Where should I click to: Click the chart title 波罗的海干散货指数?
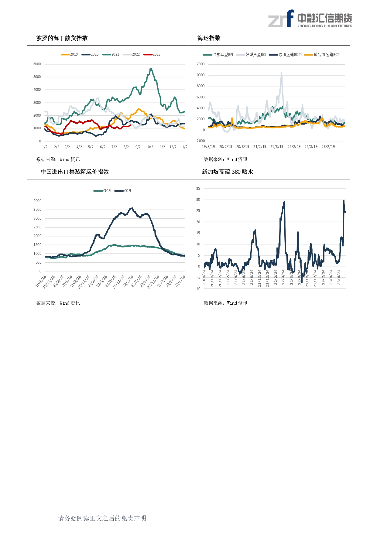[62, 38]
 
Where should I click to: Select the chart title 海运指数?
[209, 38]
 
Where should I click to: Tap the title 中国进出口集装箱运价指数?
[75, 172]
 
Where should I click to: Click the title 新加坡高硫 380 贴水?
[227, 172]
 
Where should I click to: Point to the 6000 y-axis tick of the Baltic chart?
[37, 64]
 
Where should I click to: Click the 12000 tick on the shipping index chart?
[200, 64]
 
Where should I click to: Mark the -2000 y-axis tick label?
[200, 141]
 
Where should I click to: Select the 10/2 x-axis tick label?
[149, 147]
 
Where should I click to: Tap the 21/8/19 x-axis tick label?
[277, 147]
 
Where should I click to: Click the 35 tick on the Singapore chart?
[198, 189]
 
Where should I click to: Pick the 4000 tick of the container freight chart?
[37, 201]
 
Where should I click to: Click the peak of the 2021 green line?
[151, 69]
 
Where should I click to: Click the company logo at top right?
[310, 19]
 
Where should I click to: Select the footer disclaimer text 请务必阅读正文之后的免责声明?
[102, 518]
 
